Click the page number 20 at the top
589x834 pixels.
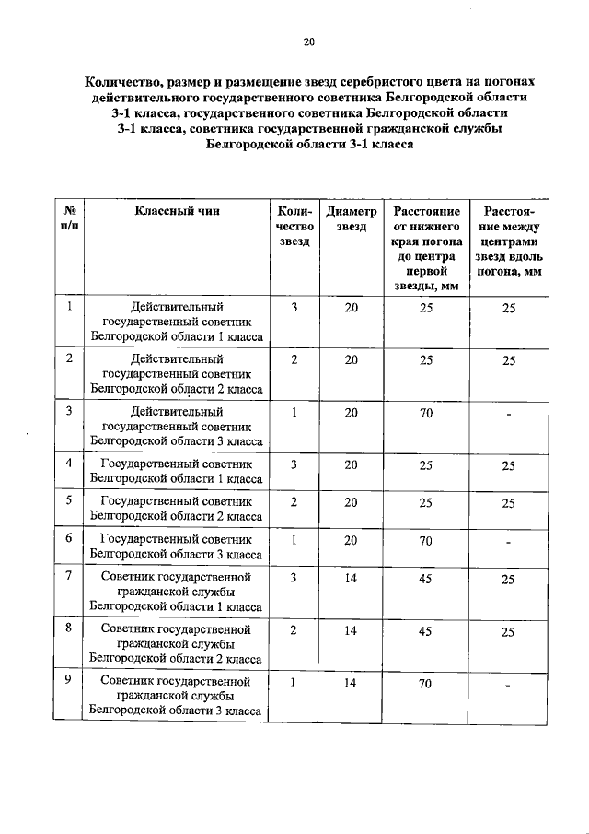(309, 41)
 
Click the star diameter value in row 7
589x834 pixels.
(351, 578)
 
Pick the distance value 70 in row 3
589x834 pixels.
(425, 413)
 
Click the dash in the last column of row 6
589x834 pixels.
(508, 542)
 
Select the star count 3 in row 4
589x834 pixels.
(294, 464)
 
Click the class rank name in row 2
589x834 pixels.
(177, 373)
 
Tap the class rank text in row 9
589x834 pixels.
(177, 696)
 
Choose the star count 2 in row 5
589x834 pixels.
(294, 502)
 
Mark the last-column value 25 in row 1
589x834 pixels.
(508, 309)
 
